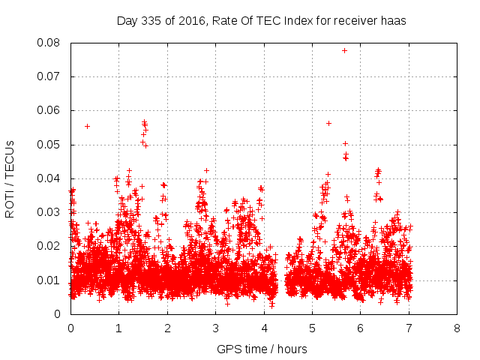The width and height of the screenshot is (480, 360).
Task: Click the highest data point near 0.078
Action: click(344, 50)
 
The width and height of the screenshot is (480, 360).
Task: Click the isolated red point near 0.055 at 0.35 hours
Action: click(87, 126)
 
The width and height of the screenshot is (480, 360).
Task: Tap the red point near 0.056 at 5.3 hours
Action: click(328, 123)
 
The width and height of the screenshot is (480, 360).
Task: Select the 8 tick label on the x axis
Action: click(457, 328)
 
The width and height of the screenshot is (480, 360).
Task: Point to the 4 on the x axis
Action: click(263, 328)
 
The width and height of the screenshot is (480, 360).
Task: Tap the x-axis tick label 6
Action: click(360, 328)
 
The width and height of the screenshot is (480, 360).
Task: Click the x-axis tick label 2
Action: click(166, 328)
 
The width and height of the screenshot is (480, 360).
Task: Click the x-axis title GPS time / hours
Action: click(262, 349)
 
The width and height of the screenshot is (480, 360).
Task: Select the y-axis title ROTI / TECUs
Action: click(10, 178)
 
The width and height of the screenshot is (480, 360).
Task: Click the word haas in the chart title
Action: click(392, 21)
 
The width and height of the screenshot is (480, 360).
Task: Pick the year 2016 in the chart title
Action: click(192, 21)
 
